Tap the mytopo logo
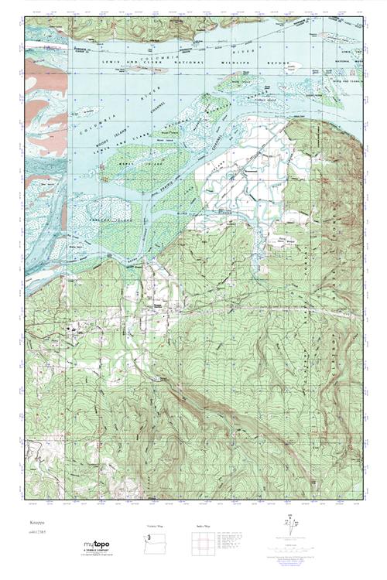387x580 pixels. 91,544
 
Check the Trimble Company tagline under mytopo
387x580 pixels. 91,551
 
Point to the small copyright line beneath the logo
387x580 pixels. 91,557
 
